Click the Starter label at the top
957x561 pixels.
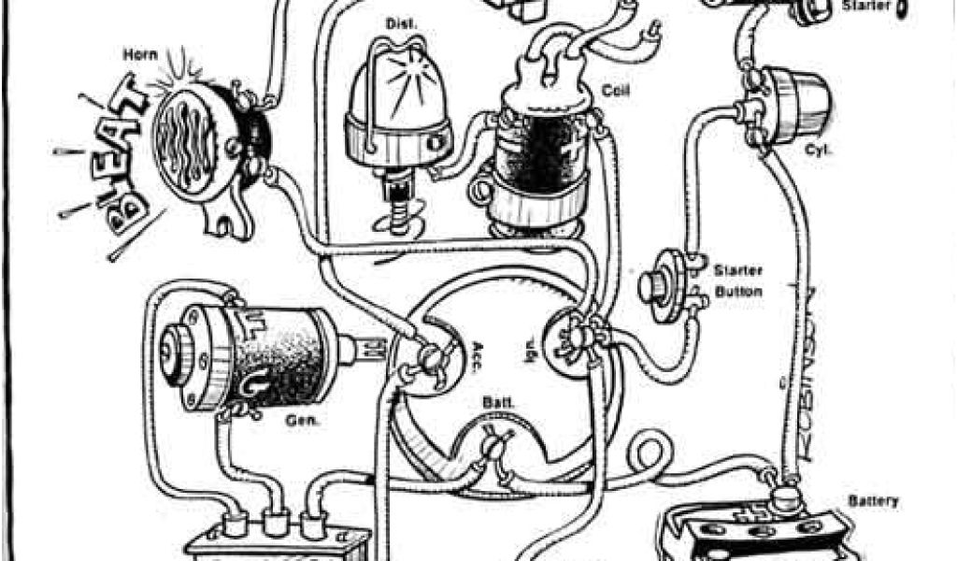(x=864, y=6)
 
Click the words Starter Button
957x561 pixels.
(x=738, y=280)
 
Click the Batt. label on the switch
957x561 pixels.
(x=494, y=404)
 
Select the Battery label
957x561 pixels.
(x=873, y=500)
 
